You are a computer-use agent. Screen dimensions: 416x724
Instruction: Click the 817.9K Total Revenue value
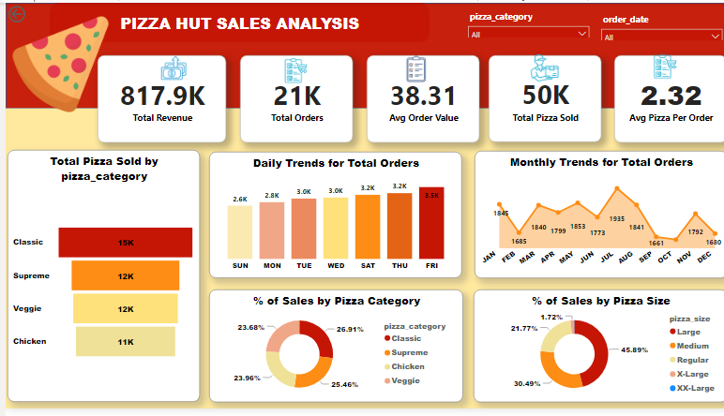click(x=161, y=96)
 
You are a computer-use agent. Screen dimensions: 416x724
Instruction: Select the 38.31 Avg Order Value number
click(x=423, y=96)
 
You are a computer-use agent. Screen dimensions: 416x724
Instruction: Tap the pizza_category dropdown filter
click(x=528, y=35)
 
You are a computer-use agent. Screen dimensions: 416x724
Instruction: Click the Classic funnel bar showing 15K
click(x=125, y=243)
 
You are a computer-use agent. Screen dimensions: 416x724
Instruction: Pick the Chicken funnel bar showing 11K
click(x=125, y=342)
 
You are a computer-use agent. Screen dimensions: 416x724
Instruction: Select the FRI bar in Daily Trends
click(x=431, y=223)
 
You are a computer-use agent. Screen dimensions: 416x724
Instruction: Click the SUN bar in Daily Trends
click(x=240, y=232)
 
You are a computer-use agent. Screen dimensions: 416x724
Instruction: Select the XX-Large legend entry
click(x=695, y=388)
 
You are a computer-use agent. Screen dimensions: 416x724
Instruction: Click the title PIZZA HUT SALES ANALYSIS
click(x=239, y=23)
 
